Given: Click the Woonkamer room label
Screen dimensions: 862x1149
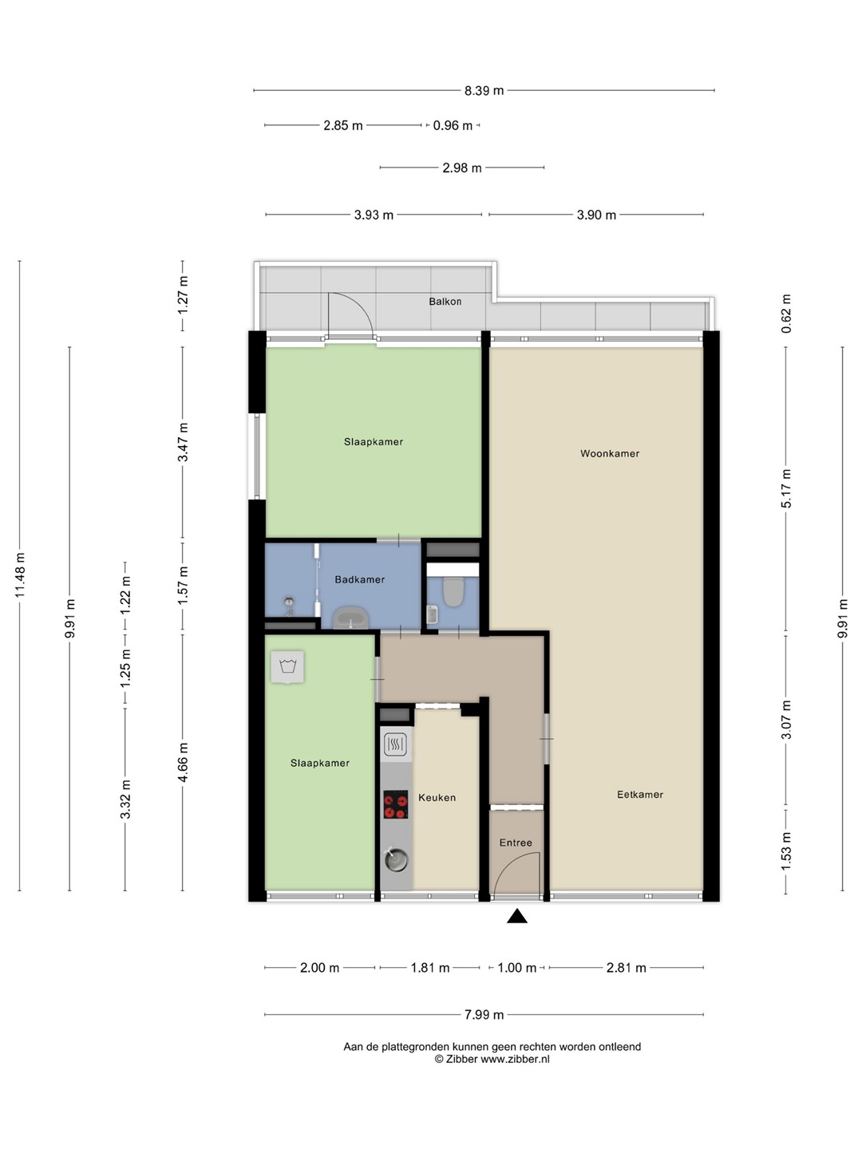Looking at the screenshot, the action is click(610, 453).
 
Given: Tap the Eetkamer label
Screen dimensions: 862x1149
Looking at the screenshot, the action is click(639, 794).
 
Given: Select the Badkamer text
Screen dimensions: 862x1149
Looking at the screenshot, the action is click(359, 579).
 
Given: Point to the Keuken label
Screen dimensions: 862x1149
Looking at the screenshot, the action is click(437, 797).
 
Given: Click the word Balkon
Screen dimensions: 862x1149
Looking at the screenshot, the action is click(445, 302).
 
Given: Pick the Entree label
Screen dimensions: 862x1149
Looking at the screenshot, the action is click(516, 843).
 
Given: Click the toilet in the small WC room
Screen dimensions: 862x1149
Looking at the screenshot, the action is click(453, 591).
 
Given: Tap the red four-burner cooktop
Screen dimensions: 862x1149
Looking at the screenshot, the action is click(396, 804).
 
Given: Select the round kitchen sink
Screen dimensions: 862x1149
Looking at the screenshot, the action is click(396, 859).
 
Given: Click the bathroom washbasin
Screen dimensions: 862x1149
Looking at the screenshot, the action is click(351, 618).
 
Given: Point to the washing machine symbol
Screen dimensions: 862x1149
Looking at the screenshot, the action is click(287, 667).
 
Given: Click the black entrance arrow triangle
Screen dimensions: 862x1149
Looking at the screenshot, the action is click(517, 915).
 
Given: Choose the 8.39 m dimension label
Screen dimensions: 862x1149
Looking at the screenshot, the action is click(484, 90).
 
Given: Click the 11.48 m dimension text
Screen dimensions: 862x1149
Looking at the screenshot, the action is click(20, 574).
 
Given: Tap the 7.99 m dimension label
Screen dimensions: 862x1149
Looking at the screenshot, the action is click(484, 1014).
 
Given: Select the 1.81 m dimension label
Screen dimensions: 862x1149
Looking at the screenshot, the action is click(429, 967).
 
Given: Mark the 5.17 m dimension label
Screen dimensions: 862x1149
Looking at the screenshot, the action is click(786, 488).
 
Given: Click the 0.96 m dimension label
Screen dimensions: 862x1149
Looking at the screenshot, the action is click(453, 125).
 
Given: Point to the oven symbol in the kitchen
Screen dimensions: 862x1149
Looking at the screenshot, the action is click(396, 744).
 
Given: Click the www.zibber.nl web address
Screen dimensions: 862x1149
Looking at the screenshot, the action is click(515, 1059).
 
